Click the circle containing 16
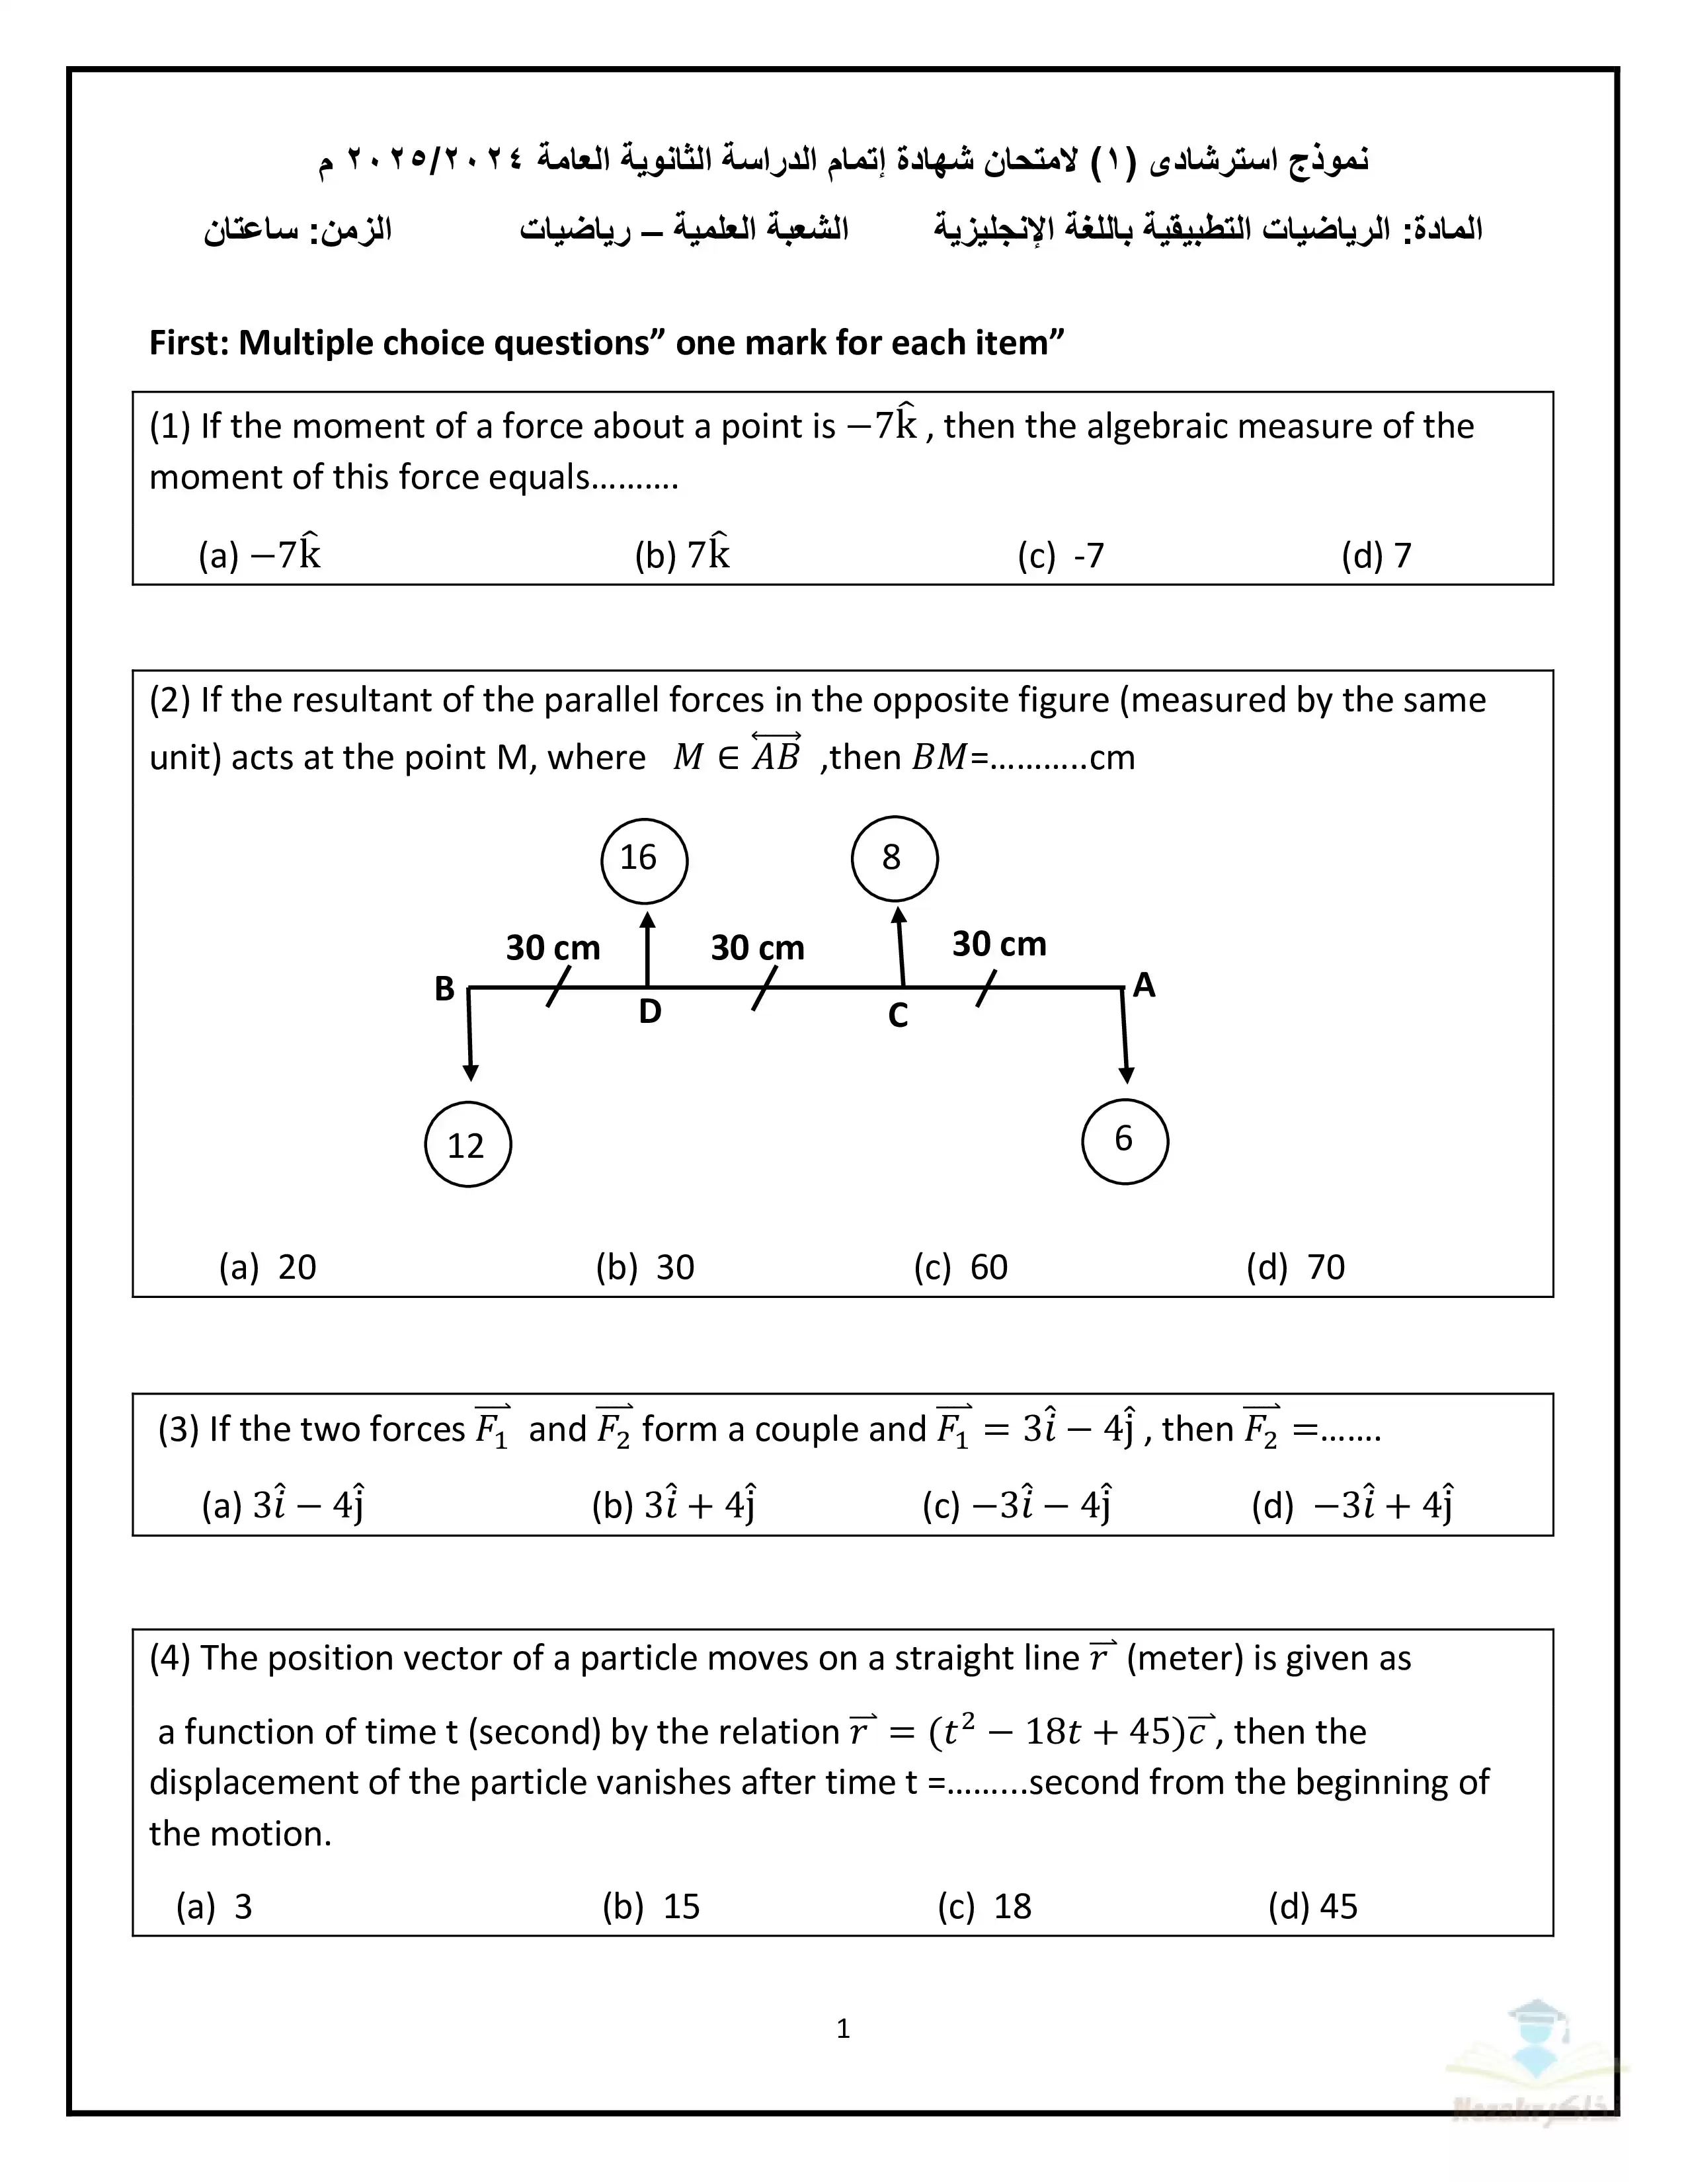[x=643, y=860]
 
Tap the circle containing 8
[x=894, y=858]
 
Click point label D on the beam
[x=650, y=1012]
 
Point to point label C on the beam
[x=898, y=1016]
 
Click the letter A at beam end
[x=1144, y=985]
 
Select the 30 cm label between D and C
[x=757, y=947]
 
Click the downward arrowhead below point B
[x=471, y=1072]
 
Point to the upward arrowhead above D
[x=648, y=920]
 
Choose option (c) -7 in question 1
[x=1061, y=555]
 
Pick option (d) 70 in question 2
[x=1295, y=1267]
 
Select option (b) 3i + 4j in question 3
[x=674, y=1505]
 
